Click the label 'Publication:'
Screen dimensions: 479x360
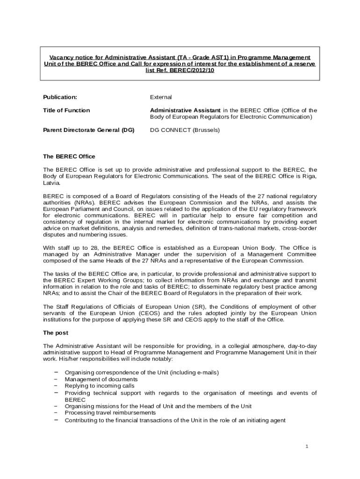click(60, 97)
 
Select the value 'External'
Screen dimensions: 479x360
click(161, 97)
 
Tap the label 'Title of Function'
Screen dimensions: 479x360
click(66, 110)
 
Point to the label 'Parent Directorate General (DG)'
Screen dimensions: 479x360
click(89, 130)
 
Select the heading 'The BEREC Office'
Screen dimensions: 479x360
click(69, 156)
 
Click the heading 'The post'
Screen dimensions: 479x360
click(56, 333)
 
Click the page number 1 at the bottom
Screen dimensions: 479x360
click(307, 446)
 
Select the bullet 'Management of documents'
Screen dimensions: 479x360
click(101, 379)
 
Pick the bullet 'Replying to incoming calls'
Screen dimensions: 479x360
click(100, 386)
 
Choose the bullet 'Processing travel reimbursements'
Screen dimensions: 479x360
click(110, 413)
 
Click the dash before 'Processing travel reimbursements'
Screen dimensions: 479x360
click(56, 413)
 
